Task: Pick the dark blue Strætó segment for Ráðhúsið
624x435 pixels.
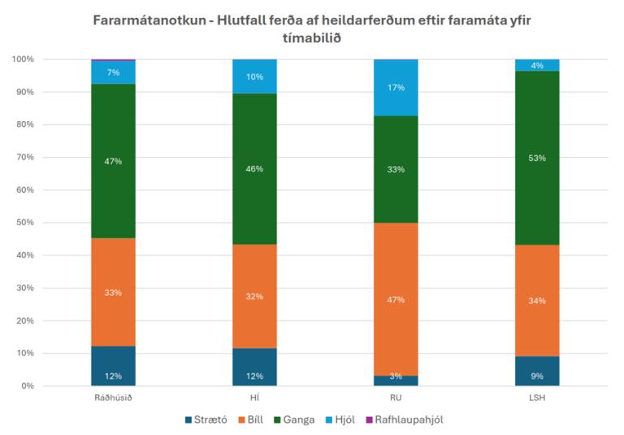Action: (113, 366)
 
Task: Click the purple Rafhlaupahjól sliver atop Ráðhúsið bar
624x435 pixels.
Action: (113, 60)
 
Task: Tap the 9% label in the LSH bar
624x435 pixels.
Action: (537, 376)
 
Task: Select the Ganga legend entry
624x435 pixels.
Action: (293, 420)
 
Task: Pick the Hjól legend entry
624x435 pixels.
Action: (346, 420)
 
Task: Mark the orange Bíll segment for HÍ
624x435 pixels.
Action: (254, 297)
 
